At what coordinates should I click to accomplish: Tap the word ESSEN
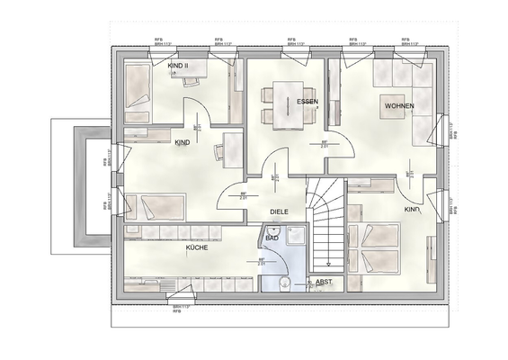click(x=308, y=102)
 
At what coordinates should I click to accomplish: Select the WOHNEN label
click(x=399, y=106)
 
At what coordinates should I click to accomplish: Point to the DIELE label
click(x=280, y=212)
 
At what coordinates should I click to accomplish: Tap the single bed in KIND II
click(x=137, y=86)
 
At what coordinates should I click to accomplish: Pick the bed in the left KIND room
click(x=157, y=208)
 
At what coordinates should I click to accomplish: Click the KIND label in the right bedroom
click(x=412, y=210)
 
